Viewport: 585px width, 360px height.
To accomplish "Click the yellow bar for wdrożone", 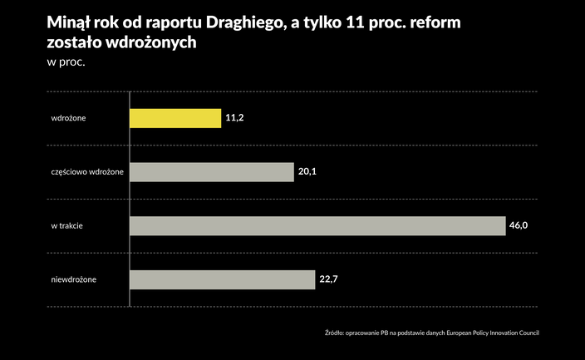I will coord(175,119).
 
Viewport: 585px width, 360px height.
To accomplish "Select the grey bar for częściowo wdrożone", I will coord(212,172).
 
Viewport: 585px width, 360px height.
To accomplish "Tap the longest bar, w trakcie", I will coord(317,226).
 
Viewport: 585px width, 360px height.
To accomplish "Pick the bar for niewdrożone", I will coord(223,279).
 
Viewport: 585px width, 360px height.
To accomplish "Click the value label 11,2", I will coord(234,119).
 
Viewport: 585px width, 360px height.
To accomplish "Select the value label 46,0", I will coord(519,226).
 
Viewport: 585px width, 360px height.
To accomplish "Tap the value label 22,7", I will coord(328,279).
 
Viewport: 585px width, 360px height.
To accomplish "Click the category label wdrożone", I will coord(69,119).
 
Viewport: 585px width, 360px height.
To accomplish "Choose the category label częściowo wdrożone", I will coord(87,172).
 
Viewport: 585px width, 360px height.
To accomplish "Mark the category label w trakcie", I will coord(66,226).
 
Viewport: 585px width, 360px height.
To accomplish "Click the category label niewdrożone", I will coord(74,279).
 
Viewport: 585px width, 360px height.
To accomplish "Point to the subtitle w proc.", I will coord(66,62).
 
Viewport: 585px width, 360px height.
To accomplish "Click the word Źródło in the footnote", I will coord(334,333).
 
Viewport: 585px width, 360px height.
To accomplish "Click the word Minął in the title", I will coord(69,23).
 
